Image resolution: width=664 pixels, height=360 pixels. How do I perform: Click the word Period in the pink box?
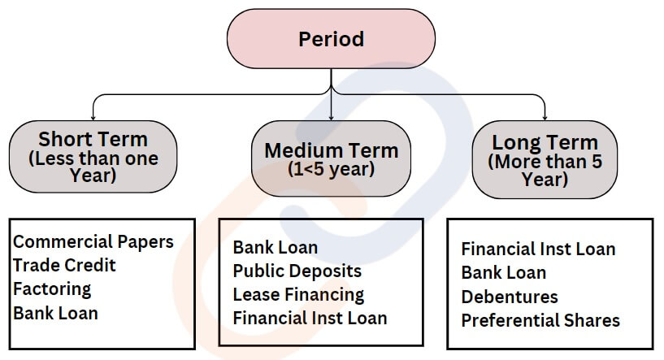click(331, 39)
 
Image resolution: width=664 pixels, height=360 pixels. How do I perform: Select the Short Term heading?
click(93, 139)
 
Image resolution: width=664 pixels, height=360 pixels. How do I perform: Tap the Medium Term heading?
click(331, 150)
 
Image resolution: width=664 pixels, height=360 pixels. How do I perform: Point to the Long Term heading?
click(545, 142)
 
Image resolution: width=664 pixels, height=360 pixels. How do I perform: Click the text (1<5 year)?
click(331, 169)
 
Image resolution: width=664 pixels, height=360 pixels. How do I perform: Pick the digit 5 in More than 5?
click(597, 162)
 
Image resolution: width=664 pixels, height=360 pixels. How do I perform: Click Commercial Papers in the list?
click(93, 242)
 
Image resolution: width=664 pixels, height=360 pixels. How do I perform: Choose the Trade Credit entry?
click(64, 266)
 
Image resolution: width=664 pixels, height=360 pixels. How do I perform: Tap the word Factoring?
click(52, 289)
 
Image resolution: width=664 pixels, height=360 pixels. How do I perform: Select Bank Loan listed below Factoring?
click(55, 314)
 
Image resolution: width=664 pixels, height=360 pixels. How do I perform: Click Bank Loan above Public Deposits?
click(276, 247)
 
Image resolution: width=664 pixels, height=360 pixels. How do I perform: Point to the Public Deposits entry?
click(297, 271)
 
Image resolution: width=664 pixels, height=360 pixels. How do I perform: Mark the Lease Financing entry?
click(298, 295)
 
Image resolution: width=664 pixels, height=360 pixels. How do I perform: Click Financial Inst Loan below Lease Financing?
click(310, 318)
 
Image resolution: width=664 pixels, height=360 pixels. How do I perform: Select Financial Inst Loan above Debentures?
click(538, 249)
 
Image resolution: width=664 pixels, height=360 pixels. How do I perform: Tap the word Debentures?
click(510, 297)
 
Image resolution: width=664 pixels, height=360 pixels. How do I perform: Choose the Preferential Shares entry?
click(540, 321)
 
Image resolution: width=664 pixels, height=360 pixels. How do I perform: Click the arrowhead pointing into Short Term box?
click(93, 118)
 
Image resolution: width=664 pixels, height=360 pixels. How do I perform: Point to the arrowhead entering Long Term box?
click(545, 118)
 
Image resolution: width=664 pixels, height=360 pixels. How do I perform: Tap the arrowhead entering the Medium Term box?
click(331, 118)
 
